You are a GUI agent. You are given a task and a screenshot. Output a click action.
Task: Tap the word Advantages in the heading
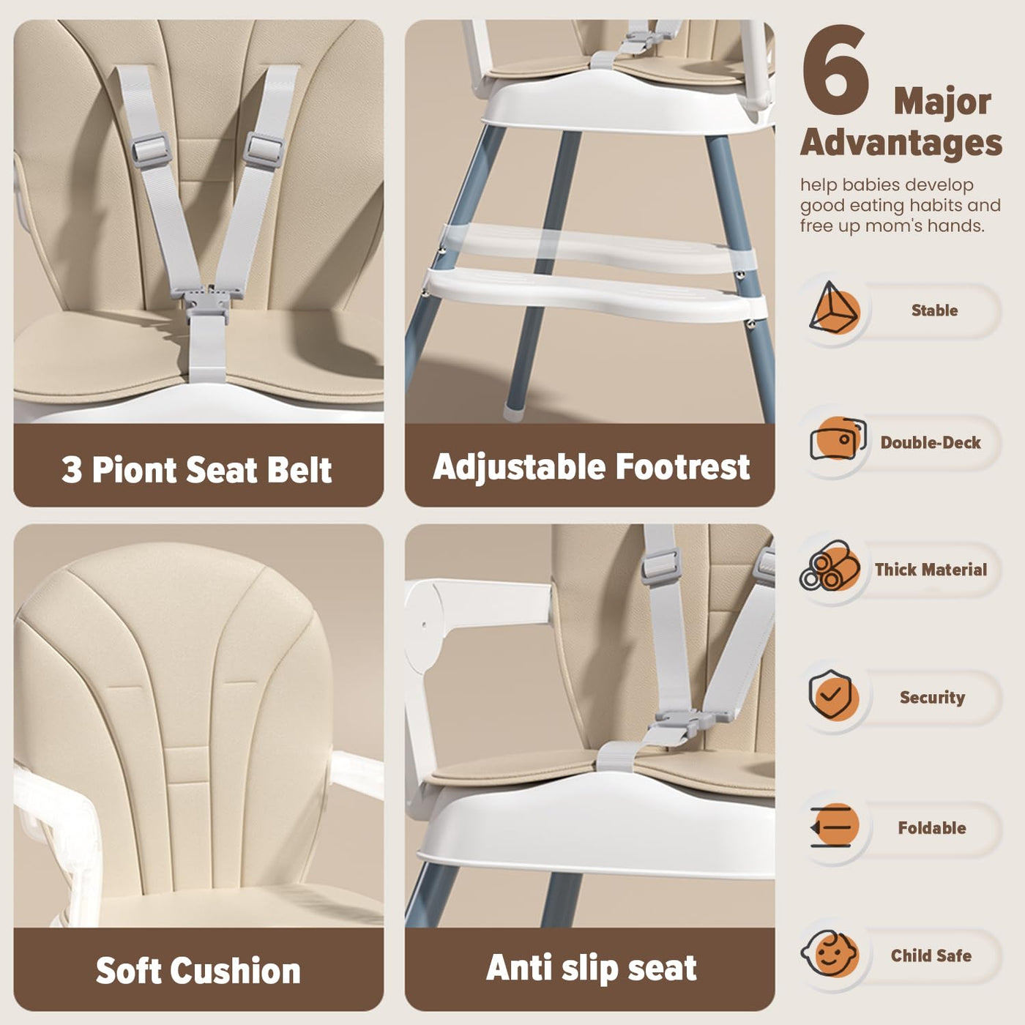[x=901, y=143]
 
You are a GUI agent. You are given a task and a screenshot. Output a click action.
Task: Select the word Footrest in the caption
[x=682, y=467]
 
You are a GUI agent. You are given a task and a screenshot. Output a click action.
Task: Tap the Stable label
[x=934, y=310]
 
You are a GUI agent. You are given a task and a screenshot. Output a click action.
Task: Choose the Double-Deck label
[x=931, y=442]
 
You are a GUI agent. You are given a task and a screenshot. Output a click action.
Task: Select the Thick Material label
[x=931, y=570]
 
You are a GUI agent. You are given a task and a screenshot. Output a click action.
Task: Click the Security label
[x=933, y=697]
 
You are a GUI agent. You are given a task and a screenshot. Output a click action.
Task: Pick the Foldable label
[x=932, y=827]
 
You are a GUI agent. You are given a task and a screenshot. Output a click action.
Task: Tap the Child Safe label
[x=931, y=955]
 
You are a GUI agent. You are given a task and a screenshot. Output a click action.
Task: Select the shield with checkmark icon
[x=832, y=694]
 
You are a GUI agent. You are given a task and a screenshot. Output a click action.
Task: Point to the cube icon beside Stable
[x=833, y=308]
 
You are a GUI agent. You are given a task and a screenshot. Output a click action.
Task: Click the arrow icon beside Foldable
[x=832, y=825]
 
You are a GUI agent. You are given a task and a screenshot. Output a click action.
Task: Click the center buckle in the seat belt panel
[x=207, y=300]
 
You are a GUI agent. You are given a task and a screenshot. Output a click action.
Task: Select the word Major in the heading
[x=942, y=101]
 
